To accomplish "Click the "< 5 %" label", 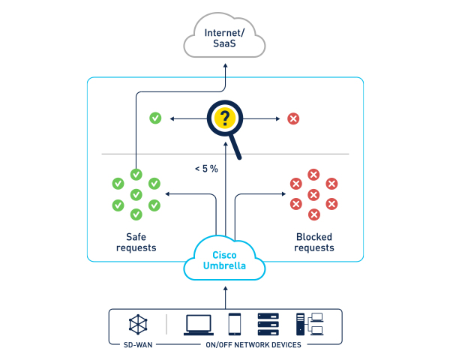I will pyautogui.click(x=205, y=169).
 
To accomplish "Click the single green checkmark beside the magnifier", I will pyautogui.click(x=155, y=118).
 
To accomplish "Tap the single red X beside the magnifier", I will pyautogui.click(x=293, y=118).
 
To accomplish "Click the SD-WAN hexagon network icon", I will pyautogui.click(x=139, y=324).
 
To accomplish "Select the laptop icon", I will pyautogui.click(x=198, y=324).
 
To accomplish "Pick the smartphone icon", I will pyautogui.click(x=234, y=324).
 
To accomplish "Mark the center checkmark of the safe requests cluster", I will pyautogui.click(x=136, y=194).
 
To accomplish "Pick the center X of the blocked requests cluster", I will pyautogui.click(x=313, y=194).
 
